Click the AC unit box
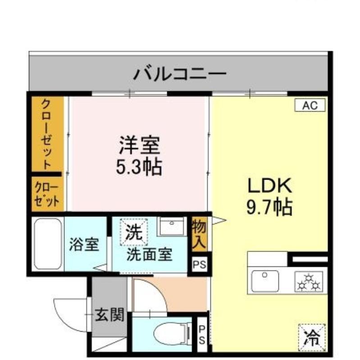point(310,105)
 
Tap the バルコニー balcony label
point(180,74)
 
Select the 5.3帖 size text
point(139,167)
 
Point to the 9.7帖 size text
point(269,207)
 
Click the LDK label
point(269,186)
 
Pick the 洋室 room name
point(139,145)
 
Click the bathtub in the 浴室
point(48,244)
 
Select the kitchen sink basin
point(265,281)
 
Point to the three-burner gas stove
point(309,282)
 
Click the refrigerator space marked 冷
point(312,337)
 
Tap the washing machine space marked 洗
point(133,232)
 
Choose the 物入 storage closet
point(199,234)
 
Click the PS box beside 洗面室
point(199,264)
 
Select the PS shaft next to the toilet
point(202,334)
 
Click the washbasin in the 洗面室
point(172,226)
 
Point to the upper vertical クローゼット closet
point(47,134)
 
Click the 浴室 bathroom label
point(84,244)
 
